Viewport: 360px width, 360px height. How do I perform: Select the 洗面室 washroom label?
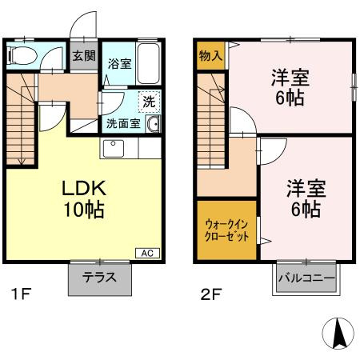(123, 124)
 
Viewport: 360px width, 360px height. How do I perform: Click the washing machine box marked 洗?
(148, 102)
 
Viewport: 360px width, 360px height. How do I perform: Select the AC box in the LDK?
(146, 254)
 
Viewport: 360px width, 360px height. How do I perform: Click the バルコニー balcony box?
(306, 279)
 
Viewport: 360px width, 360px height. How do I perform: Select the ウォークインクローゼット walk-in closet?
(226, 231)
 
